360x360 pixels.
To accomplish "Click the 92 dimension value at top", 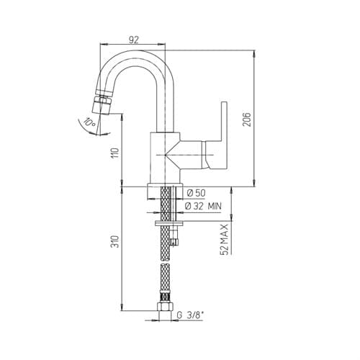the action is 134,40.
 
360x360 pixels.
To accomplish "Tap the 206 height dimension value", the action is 246,120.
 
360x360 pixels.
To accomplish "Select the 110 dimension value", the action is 116,153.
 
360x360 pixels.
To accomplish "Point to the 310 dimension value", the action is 116,242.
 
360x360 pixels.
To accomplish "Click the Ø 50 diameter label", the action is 196,193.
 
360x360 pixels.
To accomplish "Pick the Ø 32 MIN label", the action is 203,206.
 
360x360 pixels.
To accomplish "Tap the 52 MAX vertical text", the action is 224,239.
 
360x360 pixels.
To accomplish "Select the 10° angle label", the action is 90,123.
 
